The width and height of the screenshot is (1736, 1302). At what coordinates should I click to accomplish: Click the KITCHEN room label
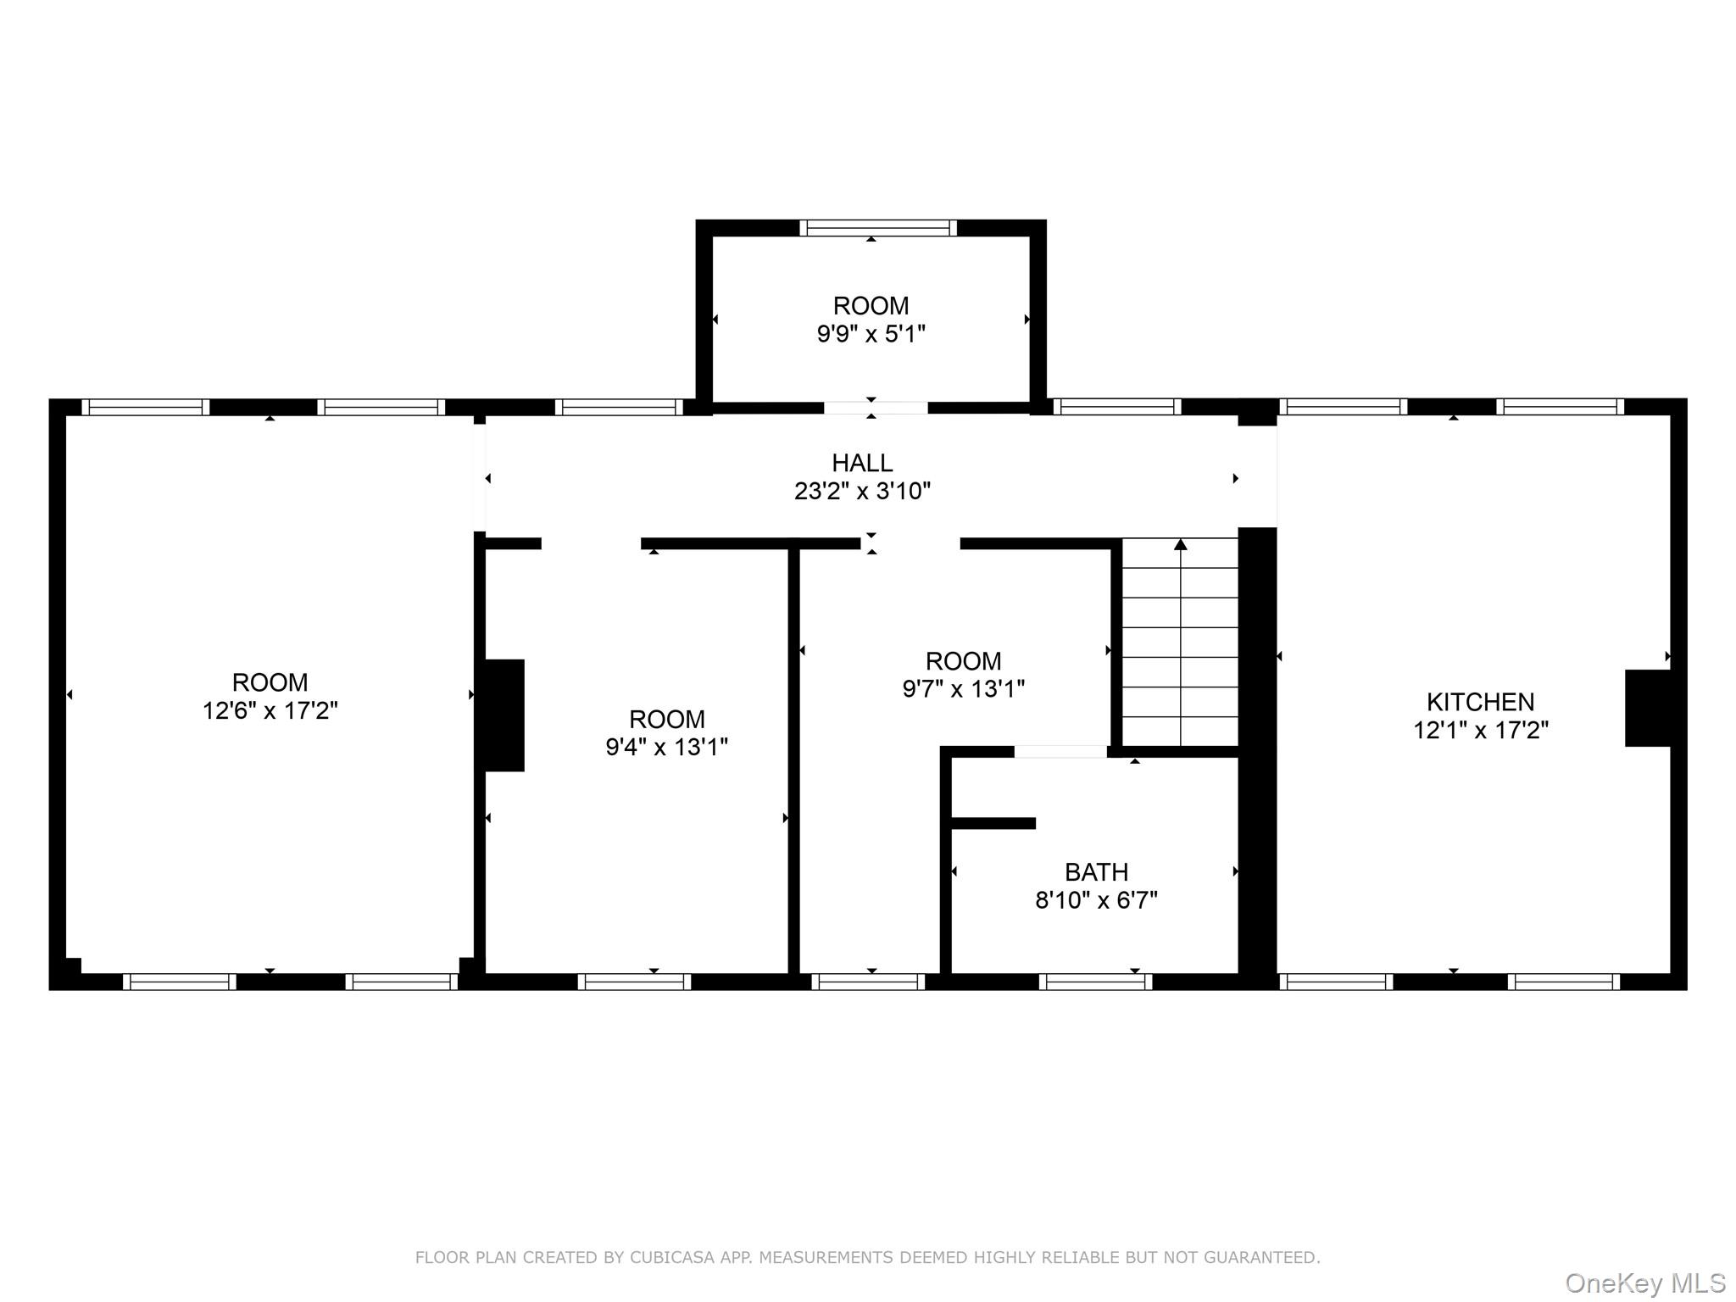click(x=1480, y=702)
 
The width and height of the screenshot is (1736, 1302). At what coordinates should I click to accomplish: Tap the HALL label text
click(x=862, y=463)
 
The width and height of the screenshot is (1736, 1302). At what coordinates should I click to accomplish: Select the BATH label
click(x=1096, y=871)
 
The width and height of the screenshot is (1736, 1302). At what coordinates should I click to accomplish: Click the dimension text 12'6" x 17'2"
click(x=270, y=710)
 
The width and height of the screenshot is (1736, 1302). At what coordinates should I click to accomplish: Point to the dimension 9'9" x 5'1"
click(x=871, y=334)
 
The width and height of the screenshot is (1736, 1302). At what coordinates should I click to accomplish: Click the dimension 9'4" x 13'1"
click(x=666, y=747)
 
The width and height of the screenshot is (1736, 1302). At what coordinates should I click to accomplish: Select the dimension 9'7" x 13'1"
click(x=963, y=688)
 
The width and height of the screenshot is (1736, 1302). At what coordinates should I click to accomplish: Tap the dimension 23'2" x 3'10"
click(x=862, y=491)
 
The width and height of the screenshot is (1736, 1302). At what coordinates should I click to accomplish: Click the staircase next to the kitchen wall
click(x=1180, y=644)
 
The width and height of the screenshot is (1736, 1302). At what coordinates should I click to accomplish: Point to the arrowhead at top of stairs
click(x=1180, y=544)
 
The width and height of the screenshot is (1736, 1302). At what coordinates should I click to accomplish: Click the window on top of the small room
click(x=877, y=227)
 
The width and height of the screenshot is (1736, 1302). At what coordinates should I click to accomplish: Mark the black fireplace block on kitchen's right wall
click(x=1647, y=708)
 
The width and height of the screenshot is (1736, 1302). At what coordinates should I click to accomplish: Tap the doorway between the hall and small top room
click(x=876, y=408)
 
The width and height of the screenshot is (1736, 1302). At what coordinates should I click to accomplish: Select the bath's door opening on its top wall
click(x=1060, y=751)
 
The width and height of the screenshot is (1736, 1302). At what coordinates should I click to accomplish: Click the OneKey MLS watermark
click(x=1644, y=1283)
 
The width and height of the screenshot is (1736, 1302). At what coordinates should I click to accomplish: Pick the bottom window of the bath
click(x=1095, y=982)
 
